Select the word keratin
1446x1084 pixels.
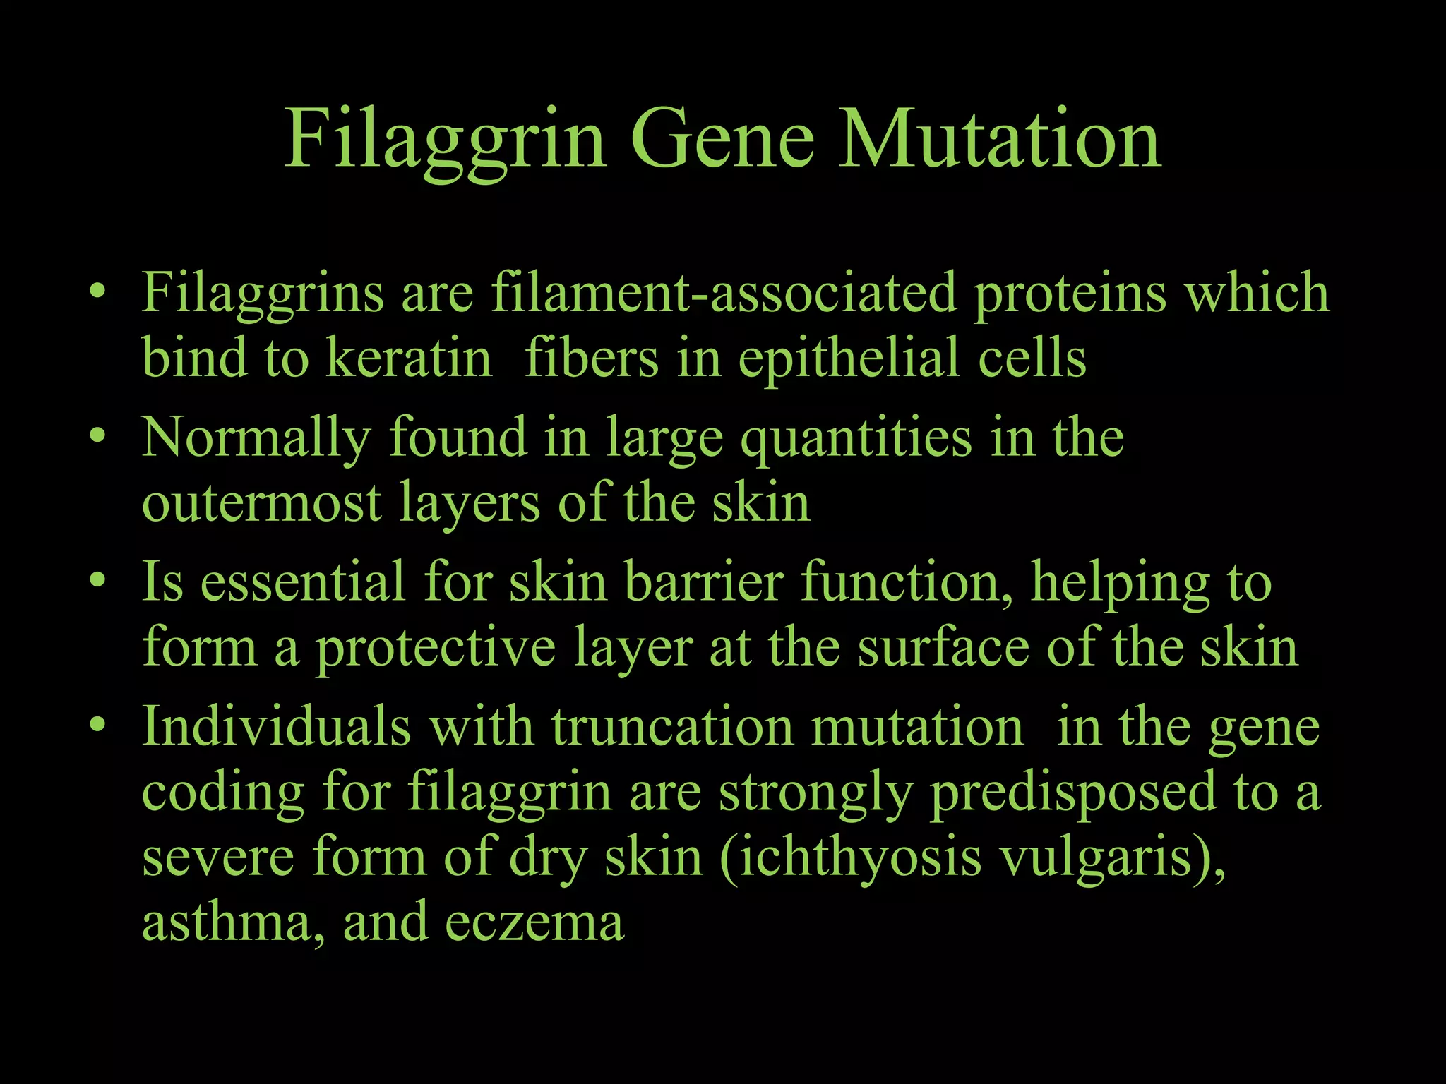[409, 358]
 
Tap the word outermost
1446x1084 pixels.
[262, 502]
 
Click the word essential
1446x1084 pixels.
[303, 582]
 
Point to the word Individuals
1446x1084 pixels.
[276, 726]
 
